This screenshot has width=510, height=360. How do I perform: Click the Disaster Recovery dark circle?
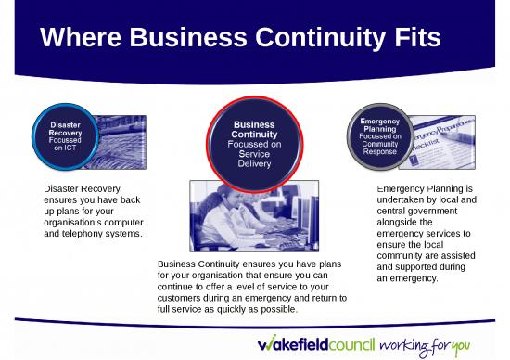pos(64,135)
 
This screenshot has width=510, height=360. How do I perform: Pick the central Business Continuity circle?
pos(254,141)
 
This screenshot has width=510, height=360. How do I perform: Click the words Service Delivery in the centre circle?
pos(254,159)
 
